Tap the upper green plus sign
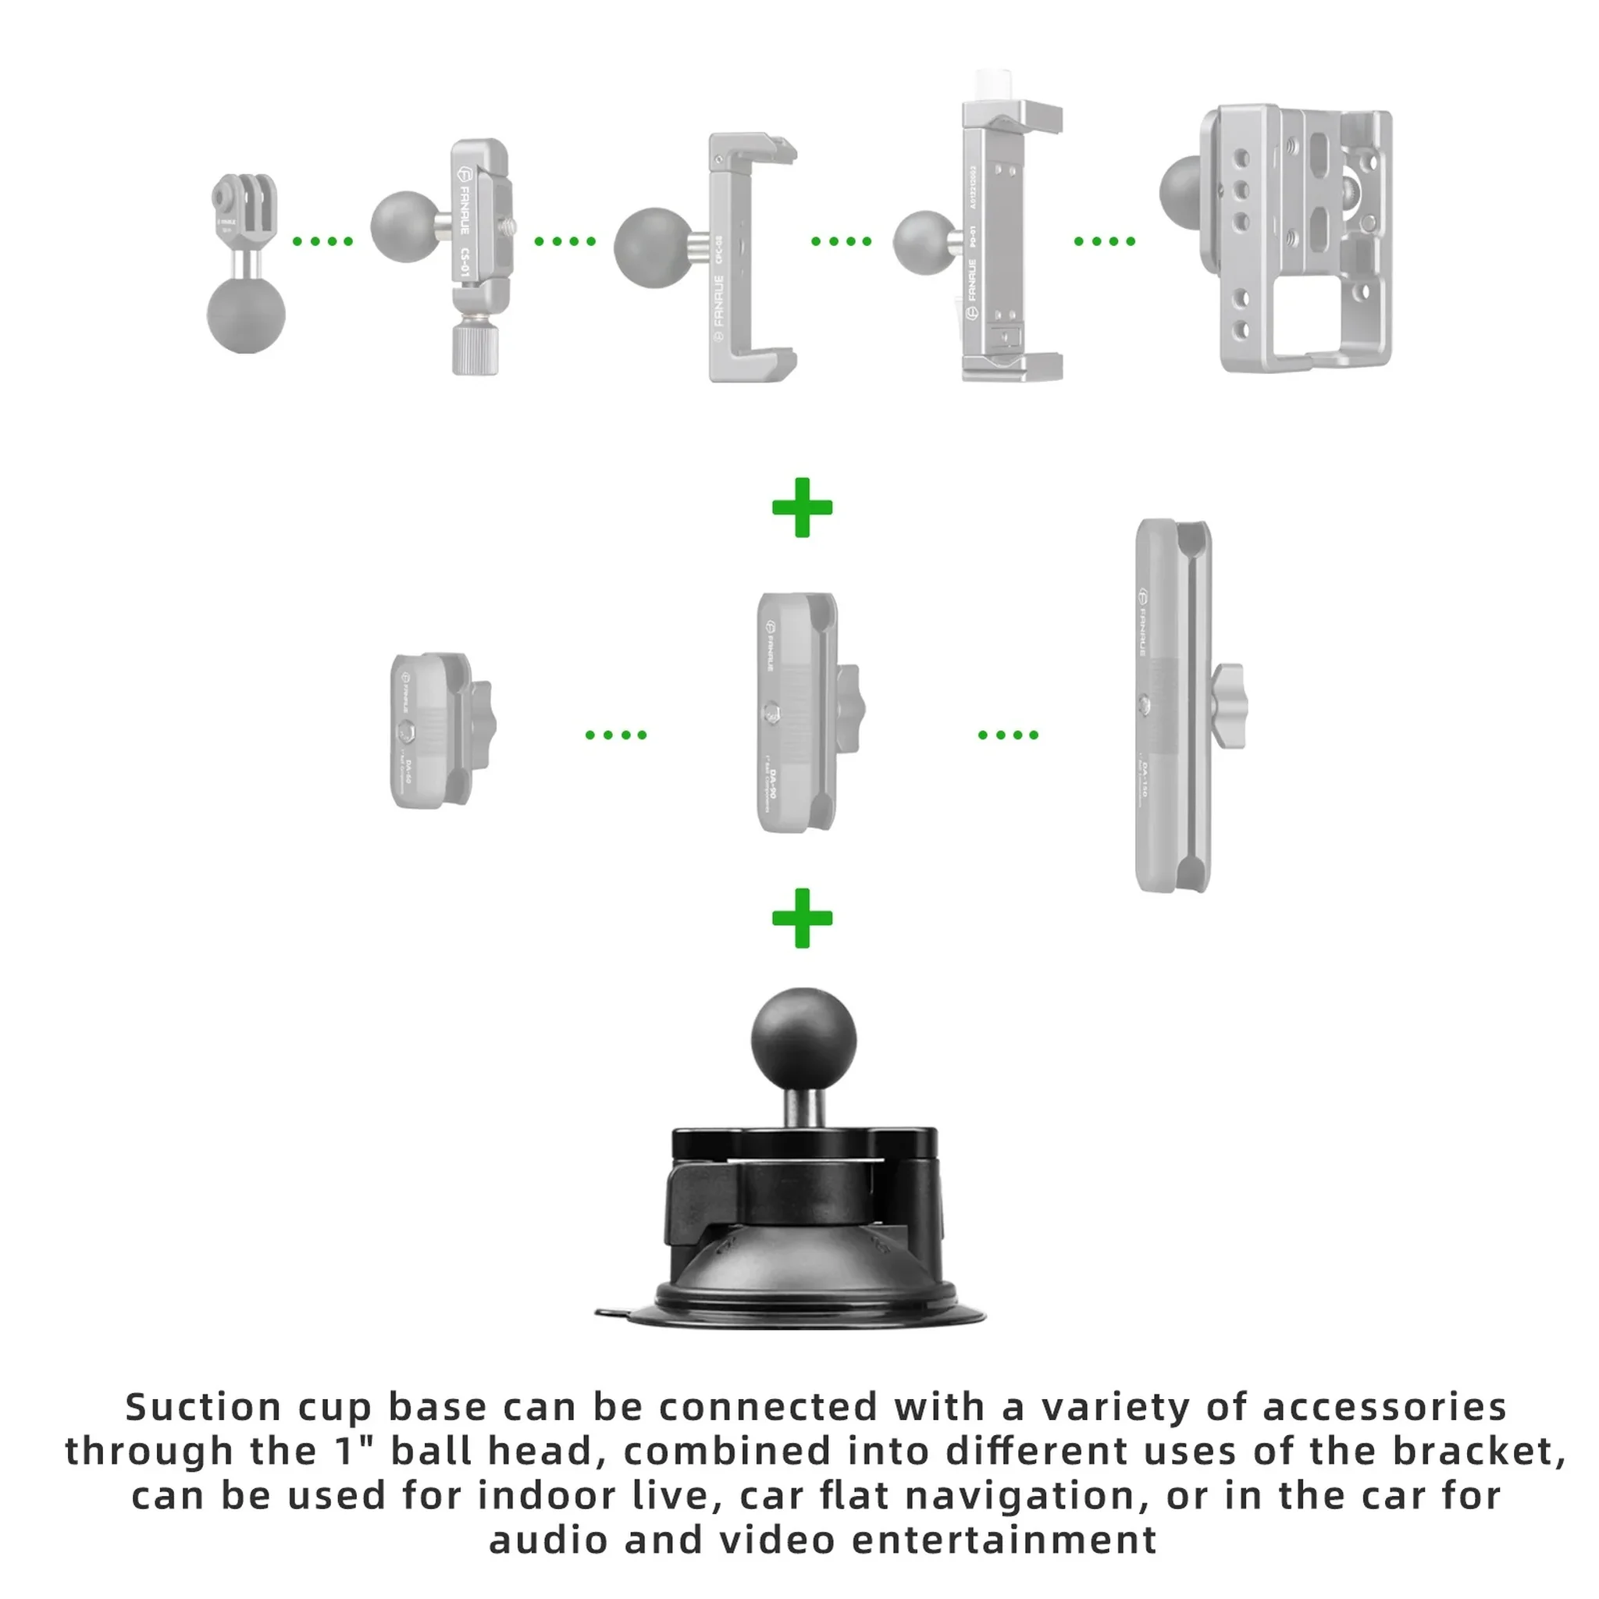801,507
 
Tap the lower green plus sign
801,918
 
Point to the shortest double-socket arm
430,731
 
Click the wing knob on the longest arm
1229,706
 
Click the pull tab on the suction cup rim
611,1312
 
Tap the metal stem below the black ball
803,1106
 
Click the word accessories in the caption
1384,1408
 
